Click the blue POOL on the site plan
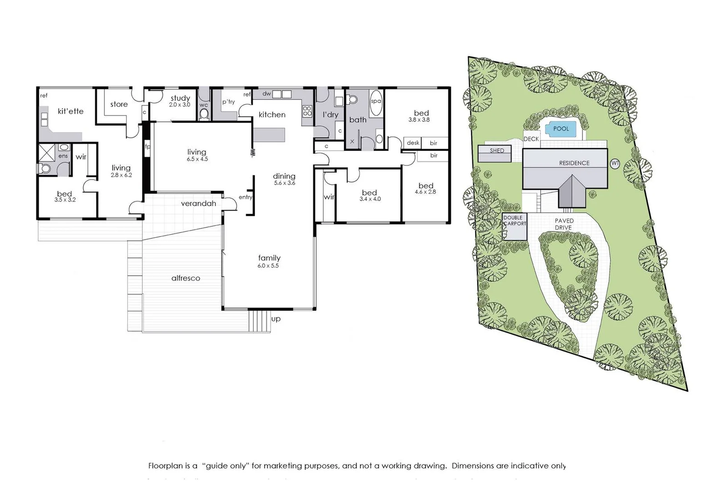click(x=561, y=129)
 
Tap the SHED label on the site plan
click(x=497, y=150)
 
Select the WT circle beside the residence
click(x=615, y=163)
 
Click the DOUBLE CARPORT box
click(x=515, y=226)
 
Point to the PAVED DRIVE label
click(x=564, y=224)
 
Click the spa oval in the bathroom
click(x=376, y=101)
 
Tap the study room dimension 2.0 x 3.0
click(x=180, y=105)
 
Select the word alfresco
click(x=186, y=278)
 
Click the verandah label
click(x=198, y=204)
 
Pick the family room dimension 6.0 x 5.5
click(x=268, y=266)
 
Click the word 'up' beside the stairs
click(x=276, y=319)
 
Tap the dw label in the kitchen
click(x=267, y=94)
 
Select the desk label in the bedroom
click(x=413, y=143)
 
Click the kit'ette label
click(x=71, y=111)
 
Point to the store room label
click(x=119, y=105)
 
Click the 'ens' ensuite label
click(x=63, y=156)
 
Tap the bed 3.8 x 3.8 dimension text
click(x=419, y=120)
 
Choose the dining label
click(x=284, y=176)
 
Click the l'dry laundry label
click(x=330, y=115)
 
